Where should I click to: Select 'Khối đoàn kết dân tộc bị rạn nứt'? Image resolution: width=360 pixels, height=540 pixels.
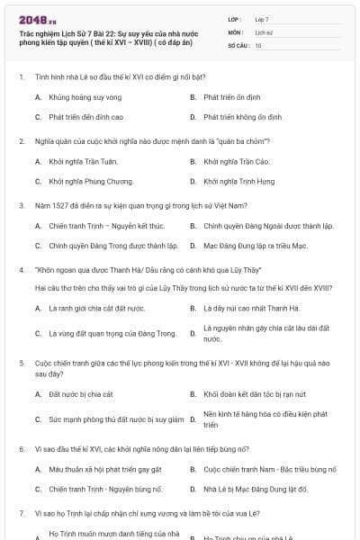click(x=256, y=393)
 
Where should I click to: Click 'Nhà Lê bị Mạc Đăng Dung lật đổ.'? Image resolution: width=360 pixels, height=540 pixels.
click(x=256, y=489)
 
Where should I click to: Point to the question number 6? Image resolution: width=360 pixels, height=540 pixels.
click(x=21, y=447)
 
